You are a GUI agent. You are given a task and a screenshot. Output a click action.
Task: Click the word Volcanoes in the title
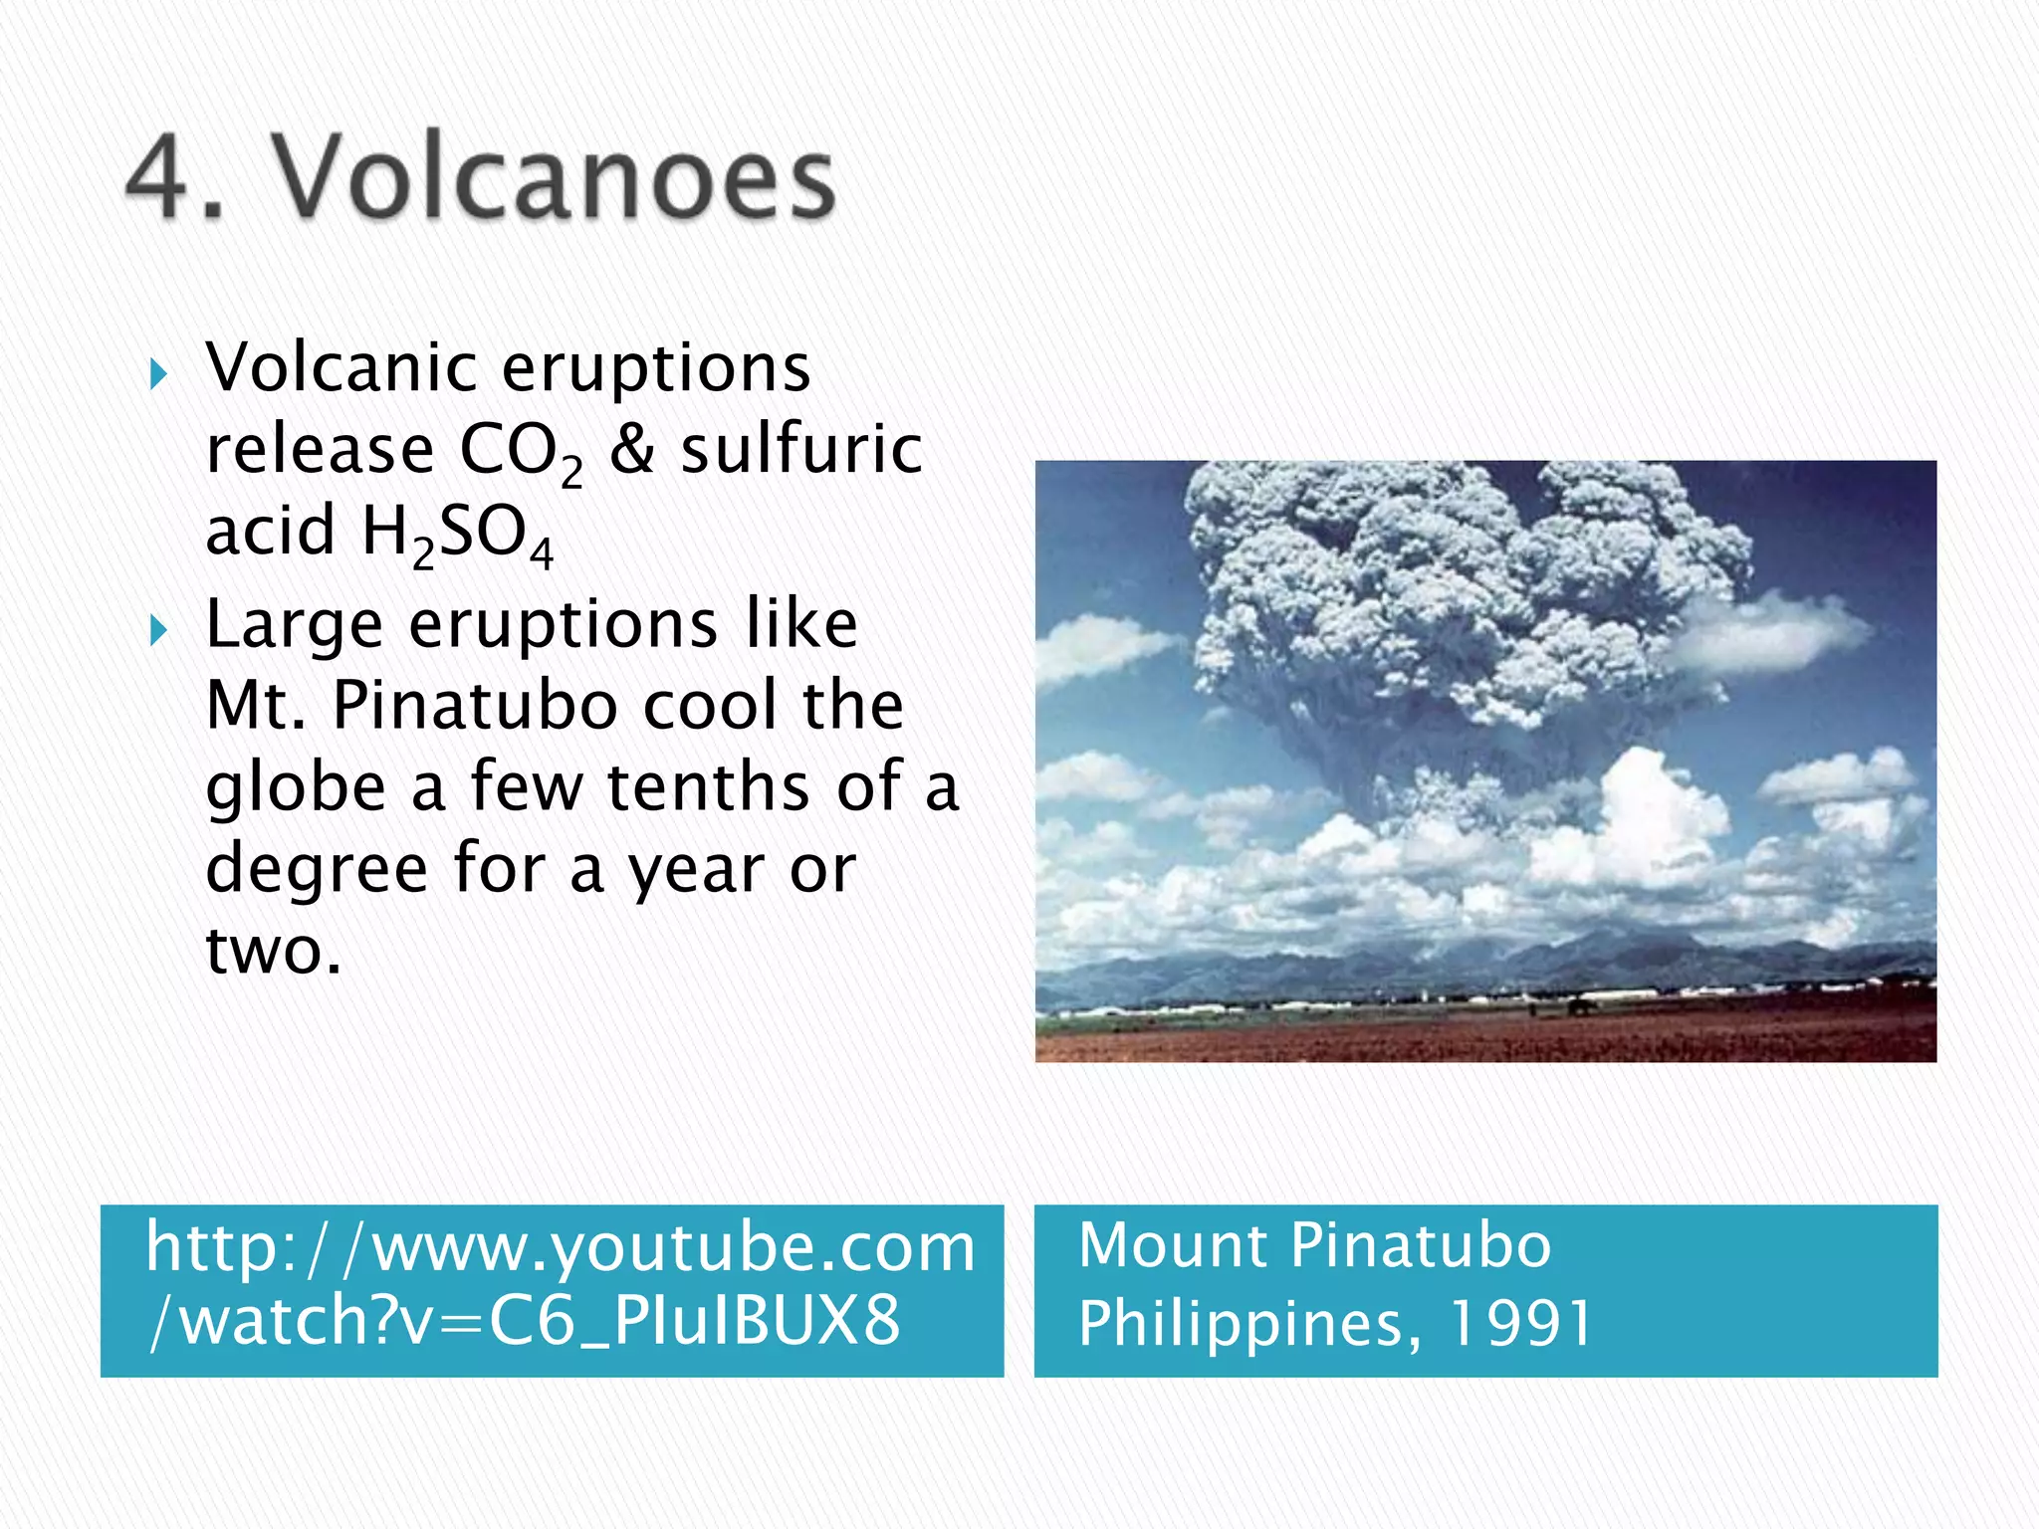tap(554, 179)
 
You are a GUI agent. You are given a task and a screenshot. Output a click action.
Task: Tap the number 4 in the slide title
tap(159, 179)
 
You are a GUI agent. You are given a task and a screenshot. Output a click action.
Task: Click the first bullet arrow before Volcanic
tap(157, 375)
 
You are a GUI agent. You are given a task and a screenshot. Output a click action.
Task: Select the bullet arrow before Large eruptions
tap(157, 630)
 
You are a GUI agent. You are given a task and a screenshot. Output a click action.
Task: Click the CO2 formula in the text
tap(520, 452)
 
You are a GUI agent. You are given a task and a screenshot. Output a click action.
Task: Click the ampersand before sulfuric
tap(631, 450)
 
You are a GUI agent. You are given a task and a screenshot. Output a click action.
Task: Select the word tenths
tap(709, 786)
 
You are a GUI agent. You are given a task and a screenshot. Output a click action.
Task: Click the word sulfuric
tap(801, 450)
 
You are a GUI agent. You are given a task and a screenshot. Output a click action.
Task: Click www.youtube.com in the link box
tap(673, 1246)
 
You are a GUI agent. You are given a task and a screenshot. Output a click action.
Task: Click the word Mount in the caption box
tap(1172, 1245)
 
